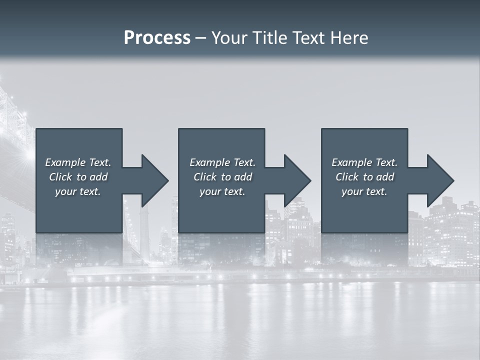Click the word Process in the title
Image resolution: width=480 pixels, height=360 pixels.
(157, 38)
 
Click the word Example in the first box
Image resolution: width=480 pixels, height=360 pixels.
(65, 162)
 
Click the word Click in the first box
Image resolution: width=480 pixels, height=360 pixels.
(60, 177)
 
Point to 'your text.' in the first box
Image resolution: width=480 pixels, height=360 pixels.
(78, 191)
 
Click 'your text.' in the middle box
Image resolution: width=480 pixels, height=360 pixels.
(222, 191)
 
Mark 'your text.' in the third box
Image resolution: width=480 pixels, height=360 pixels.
(364, 191)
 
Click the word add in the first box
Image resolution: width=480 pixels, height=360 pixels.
(98, 177)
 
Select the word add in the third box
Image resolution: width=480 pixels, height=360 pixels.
(385, 177)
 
